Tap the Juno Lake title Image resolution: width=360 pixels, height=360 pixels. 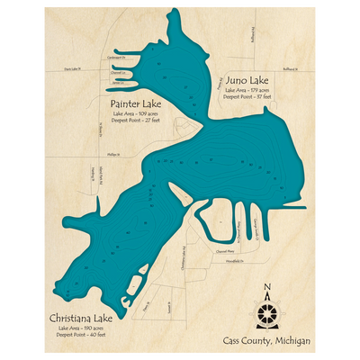241,79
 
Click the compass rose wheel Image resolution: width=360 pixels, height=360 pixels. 267,311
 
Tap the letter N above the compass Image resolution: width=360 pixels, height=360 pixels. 267,288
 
